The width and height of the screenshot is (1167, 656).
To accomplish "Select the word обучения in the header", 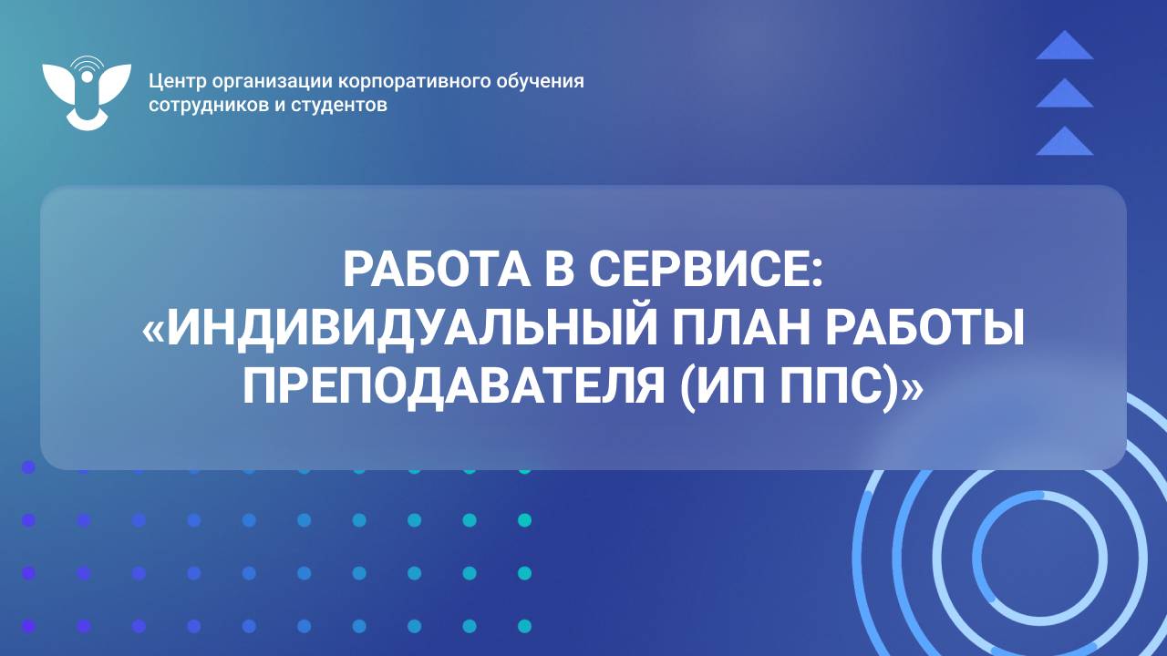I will [x=541, y=81].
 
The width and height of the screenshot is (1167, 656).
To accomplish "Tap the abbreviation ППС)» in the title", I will [x=850, y=386].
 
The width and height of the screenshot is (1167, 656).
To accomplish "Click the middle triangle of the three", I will [x=1064, y=94].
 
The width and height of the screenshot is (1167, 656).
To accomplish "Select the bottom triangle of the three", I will [x=1064, y=142].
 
